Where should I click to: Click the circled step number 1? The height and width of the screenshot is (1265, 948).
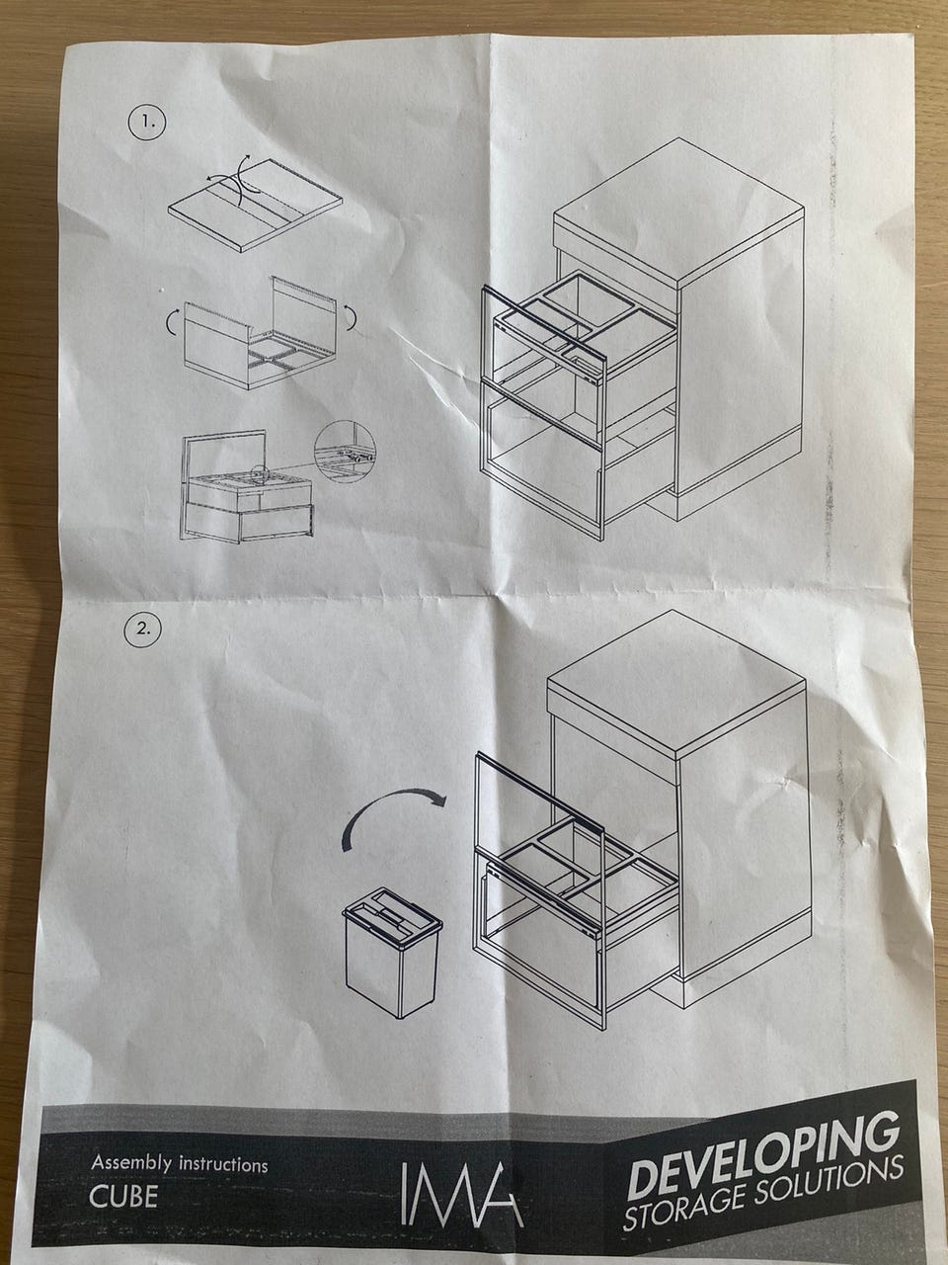(x=147, y=124)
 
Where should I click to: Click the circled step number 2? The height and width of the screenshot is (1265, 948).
(x=143, y=629)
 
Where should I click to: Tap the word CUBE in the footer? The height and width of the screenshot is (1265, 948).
(x=123, y=1197)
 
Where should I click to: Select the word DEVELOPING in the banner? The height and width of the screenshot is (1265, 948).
(x=763, y=1147)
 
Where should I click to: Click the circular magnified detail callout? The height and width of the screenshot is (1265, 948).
(x=345, y=452)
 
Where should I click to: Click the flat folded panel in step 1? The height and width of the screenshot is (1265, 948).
(x=255, y=205)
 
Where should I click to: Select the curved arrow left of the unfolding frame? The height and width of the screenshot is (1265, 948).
(x=172, y=322)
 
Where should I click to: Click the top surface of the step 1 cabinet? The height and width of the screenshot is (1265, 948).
(x=679, y=211)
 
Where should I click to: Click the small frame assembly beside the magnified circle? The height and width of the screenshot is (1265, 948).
(x=246, y=485)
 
